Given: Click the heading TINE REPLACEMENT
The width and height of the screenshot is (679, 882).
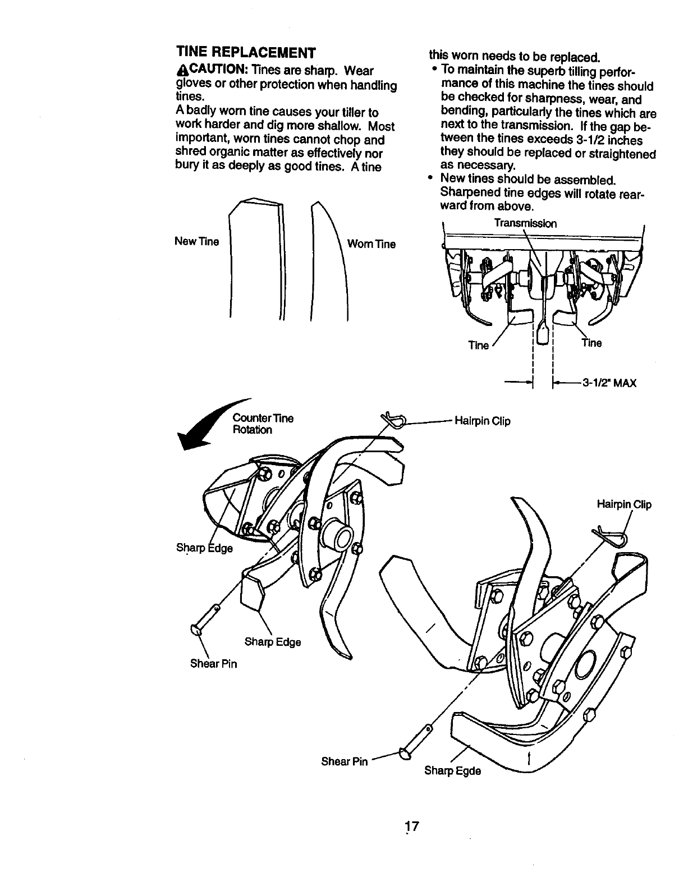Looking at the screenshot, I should point(246,53).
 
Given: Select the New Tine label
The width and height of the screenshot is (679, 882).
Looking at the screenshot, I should point(196,242).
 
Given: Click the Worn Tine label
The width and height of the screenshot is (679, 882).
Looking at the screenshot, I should point(371,244).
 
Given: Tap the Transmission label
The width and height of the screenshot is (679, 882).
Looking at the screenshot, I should point(525,223).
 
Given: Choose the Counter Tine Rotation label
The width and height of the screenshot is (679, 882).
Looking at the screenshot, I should point(262,424).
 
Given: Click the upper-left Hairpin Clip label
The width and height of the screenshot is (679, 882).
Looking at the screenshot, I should point(482,421).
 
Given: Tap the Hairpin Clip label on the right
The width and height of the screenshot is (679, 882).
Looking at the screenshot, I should point(623,505).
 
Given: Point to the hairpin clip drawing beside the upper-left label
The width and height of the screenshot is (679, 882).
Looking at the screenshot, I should point(395,420).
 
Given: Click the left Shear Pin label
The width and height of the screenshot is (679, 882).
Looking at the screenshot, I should point(213,664).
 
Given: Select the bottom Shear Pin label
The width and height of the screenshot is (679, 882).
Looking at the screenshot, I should point(344,761).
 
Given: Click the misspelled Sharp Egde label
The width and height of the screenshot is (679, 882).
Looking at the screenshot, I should point(452,770).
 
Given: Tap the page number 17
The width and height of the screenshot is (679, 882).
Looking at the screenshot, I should point(412,826).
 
